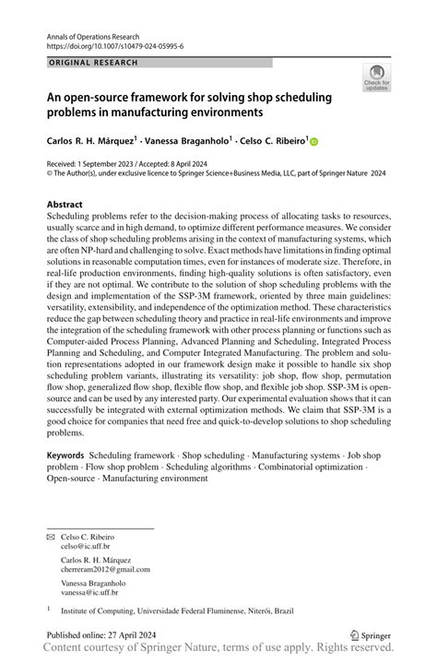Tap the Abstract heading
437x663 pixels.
(66, 202)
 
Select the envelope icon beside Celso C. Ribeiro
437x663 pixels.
(50, 536)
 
